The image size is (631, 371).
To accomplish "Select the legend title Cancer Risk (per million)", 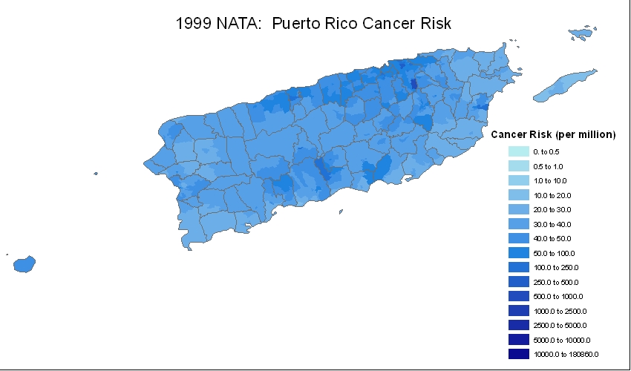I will coord(554,134).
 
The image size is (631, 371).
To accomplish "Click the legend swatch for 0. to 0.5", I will coord(518,151).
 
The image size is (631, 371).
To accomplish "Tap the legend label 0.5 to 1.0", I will coord(548,166).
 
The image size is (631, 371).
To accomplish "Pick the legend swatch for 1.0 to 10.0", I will coord(518,180).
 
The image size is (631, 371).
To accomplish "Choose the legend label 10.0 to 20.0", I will coord(552,195).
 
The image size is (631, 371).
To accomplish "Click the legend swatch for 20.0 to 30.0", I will coord(518,209).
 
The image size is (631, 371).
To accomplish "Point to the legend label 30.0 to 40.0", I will coord(552,224).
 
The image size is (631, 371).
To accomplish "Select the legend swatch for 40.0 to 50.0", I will coord(518,238).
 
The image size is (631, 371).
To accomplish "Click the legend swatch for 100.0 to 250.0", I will coord(518,267).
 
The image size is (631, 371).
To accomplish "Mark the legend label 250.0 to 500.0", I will coord(555,282).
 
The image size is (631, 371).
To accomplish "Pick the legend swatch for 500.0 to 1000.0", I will coord(518,296).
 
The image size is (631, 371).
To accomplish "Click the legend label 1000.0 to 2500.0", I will coord(559,311).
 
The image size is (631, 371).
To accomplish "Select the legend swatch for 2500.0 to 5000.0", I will coord(518,325).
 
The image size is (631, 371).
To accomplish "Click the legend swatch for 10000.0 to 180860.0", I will coord(518,354).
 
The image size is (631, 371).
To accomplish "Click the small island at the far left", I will coord(24,264).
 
